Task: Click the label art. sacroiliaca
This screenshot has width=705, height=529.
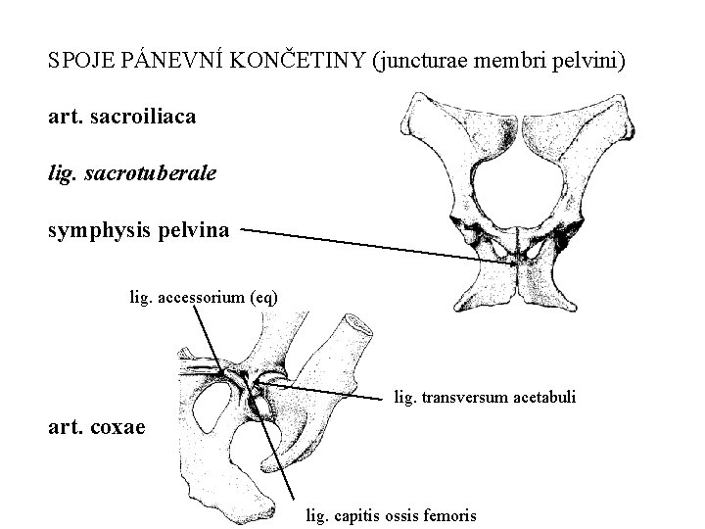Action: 121,117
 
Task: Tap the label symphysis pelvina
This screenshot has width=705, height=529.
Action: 139,231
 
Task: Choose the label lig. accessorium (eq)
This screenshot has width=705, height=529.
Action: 204,295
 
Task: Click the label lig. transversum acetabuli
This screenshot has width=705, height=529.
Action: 484,398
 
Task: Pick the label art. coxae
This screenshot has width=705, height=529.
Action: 96,426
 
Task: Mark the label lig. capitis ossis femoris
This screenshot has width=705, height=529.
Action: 392,514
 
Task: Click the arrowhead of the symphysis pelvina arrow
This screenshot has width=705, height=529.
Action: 506,261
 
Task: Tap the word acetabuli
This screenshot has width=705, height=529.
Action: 543,398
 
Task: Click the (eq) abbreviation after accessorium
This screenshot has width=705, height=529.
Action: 263,295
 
